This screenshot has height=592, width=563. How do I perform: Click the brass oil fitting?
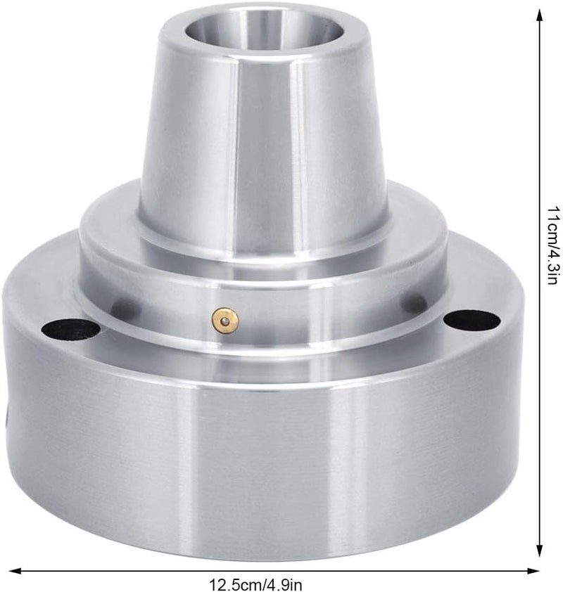pos(225,321)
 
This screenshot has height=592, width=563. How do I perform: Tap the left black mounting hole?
pos(70,329)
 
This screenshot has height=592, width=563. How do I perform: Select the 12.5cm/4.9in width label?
pos(255,585)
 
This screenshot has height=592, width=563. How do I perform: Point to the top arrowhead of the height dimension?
pos(540,16)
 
